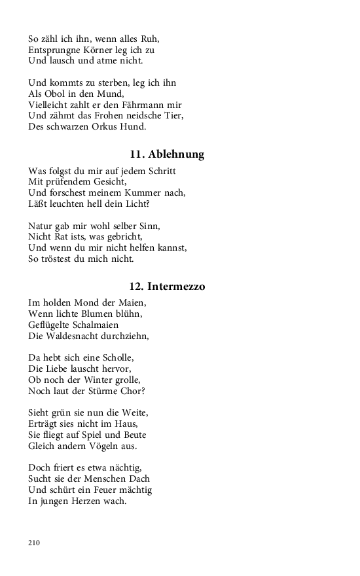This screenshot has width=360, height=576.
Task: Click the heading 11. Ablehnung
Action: [167, 154]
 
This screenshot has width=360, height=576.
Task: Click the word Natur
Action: [41, 225]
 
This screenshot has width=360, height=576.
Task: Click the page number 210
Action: [35, 543]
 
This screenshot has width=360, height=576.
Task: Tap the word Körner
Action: [103, 50]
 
